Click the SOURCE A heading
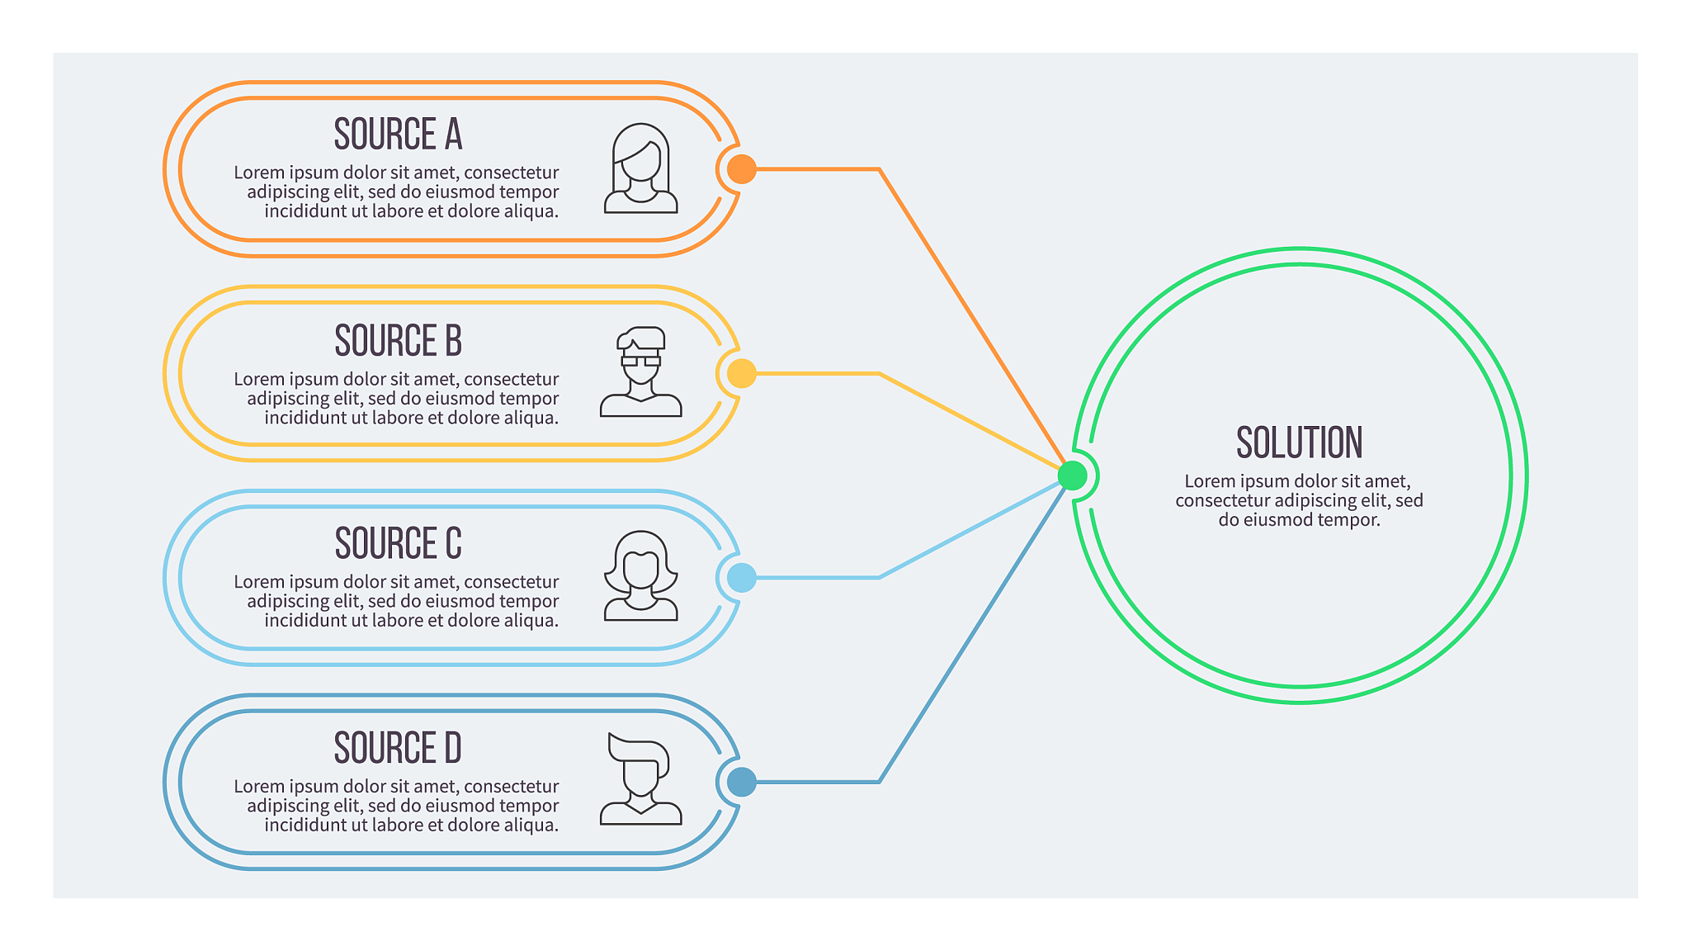398,135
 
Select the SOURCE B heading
398,340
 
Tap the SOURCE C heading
398,543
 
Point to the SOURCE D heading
398,748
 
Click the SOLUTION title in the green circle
1299,442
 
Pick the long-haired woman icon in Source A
641,168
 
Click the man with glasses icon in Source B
641,371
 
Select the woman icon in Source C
641,575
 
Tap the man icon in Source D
641,778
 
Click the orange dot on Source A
742,169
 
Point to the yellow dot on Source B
742,374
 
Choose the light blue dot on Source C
742,578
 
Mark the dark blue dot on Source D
742,782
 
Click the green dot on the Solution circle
1073,475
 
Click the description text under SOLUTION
1299,500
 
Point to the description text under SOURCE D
396,806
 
